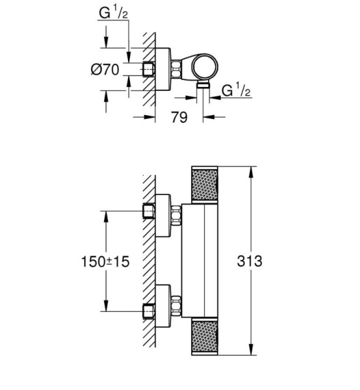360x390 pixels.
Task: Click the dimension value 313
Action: pos(250,261)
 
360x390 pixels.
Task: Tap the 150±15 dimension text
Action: pos(105,262)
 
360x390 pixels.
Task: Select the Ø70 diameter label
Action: pos(105,70)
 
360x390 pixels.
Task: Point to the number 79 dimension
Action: pos(179,117)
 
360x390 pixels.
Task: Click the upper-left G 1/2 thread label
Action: pos(113,13)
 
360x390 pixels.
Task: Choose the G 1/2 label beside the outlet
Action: pos(236,90)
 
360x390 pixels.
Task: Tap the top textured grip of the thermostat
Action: pos(205,185)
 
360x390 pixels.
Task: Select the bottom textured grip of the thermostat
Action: pos(205,336)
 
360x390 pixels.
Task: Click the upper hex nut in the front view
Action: pos(175,216)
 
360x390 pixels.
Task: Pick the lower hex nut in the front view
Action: pos(175,306)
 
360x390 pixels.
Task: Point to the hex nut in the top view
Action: pos(175,69)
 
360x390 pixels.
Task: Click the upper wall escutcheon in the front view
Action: pos(163,215)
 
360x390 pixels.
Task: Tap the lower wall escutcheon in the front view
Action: pos(163,306)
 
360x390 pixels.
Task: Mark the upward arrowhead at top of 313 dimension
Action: pos(251,172)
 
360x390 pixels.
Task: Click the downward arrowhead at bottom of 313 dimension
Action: pos(251,349)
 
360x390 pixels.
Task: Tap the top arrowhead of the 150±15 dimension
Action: pos(106,217)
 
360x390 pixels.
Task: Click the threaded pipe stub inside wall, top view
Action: pos(149,69)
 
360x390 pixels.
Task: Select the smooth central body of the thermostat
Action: pos(199,261)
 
